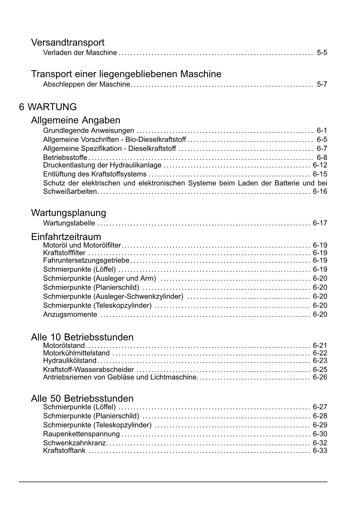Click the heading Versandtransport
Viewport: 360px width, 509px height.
(x=68, y=42)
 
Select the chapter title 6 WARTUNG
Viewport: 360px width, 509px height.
(x=48, y=107)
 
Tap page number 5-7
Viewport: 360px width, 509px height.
(x=322, y=84)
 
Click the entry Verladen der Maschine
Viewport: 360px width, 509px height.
(x=80, y=53)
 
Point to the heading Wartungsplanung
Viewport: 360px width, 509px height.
(x=68, y=213)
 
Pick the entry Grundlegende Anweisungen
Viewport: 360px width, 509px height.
(x=88, y=130)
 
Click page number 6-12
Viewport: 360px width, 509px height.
(x=320, y=165)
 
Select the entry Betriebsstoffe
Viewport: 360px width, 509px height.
(x=65, y=158)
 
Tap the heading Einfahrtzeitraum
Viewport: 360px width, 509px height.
(x=66, y=237)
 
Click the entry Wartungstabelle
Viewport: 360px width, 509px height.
(x=69, y=223)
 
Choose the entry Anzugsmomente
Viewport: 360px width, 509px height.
(x=70, y=314)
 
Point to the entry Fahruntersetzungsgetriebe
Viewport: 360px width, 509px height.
(x=86, y=260)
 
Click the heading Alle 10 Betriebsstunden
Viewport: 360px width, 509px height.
(x=82, y=337)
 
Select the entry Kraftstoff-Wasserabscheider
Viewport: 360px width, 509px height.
(x=88, y=369)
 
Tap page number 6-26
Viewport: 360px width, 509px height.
(x=320, y=377)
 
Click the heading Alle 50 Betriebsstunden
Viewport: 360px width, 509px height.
(x=82, y=398)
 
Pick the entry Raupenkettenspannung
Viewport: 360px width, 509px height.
(x=81, y=434)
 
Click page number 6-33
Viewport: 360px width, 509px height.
(x=320, y=450)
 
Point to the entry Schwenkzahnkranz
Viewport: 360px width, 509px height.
(x=74, y=443)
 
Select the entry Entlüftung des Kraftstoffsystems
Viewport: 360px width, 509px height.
(x=95, y=174)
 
